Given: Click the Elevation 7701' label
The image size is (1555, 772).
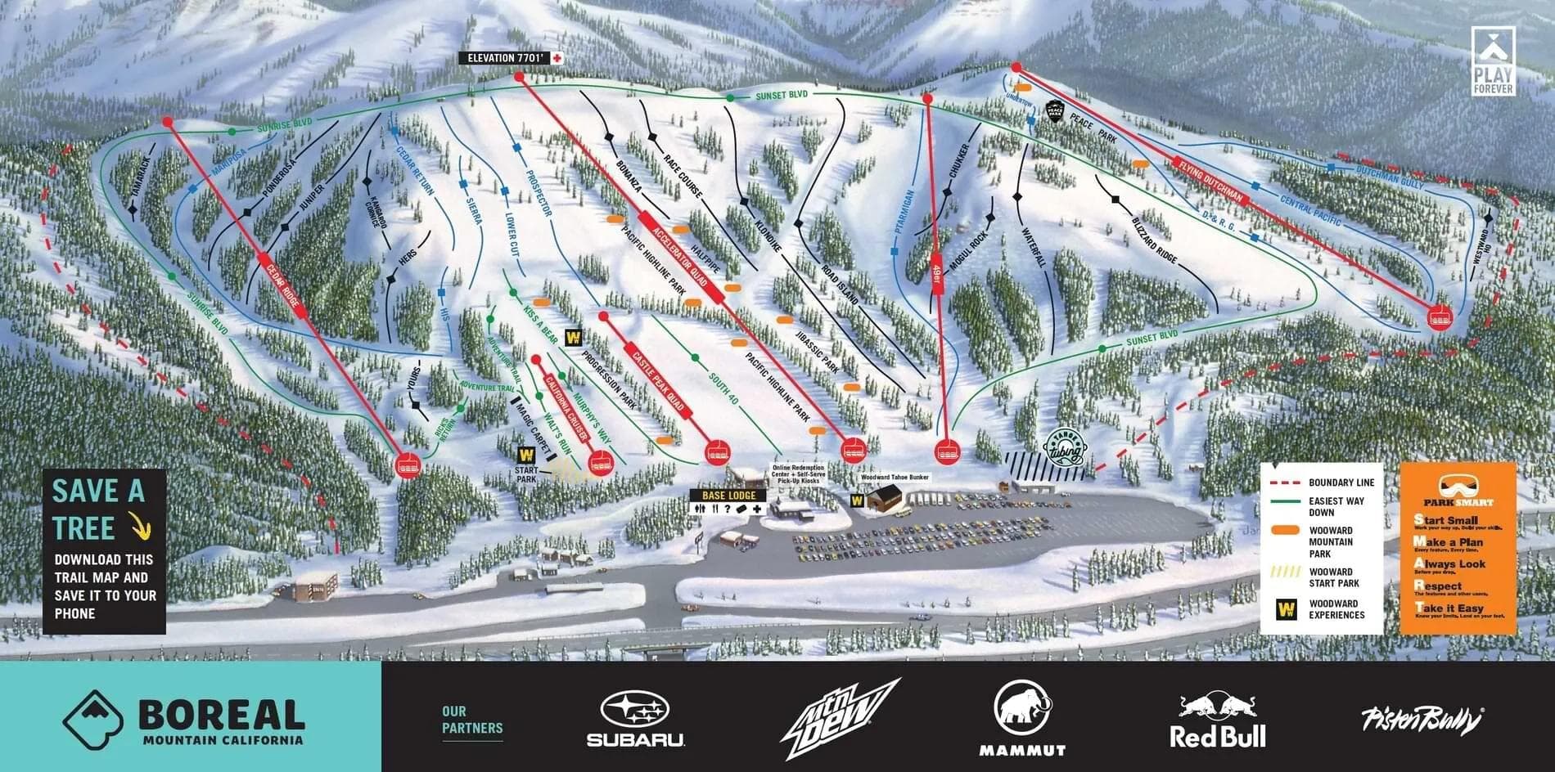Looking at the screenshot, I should (x=505, y=58).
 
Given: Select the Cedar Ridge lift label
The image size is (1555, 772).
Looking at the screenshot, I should (x=282, y=284).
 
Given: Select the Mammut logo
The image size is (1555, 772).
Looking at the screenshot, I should (x=1022, y=720).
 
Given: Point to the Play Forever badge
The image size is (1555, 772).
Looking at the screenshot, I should (x=1493, y=61).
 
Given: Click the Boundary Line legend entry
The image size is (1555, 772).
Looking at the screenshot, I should (x=1319, y=482).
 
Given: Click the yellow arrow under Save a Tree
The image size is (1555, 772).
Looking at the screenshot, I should (x=142, y=528).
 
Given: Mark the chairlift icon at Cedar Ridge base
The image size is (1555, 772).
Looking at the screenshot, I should (x=407, y=465).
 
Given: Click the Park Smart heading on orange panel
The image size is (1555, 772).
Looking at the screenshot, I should (x=1457, y=501).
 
